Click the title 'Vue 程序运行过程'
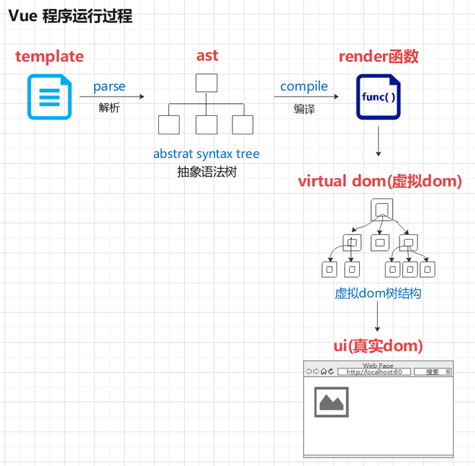tap(70, 17)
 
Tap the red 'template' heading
tap(50, 57)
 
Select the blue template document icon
tap(49, 97)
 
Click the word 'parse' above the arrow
tap(109, 87)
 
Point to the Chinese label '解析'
tap(109, 108)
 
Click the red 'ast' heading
tap(207, 56)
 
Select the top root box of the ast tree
tap(207, 83)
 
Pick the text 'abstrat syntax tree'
tap(206, 154)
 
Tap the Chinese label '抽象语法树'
tap(207, 172)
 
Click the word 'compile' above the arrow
tap(304, 87)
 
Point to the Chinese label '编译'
tap(304, 109)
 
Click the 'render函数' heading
tap(378, 56)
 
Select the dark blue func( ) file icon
tap(378, 97)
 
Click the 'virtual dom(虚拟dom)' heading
tap(380, 181)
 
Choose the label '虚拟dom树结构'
tap(378, 293)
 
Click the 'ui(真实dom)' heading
tap(378, 346)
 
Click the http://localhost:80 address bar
tap(374, 372)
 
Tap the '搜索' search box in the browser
tap(432, 372)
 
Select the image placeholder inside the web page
tap(331, 402)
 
